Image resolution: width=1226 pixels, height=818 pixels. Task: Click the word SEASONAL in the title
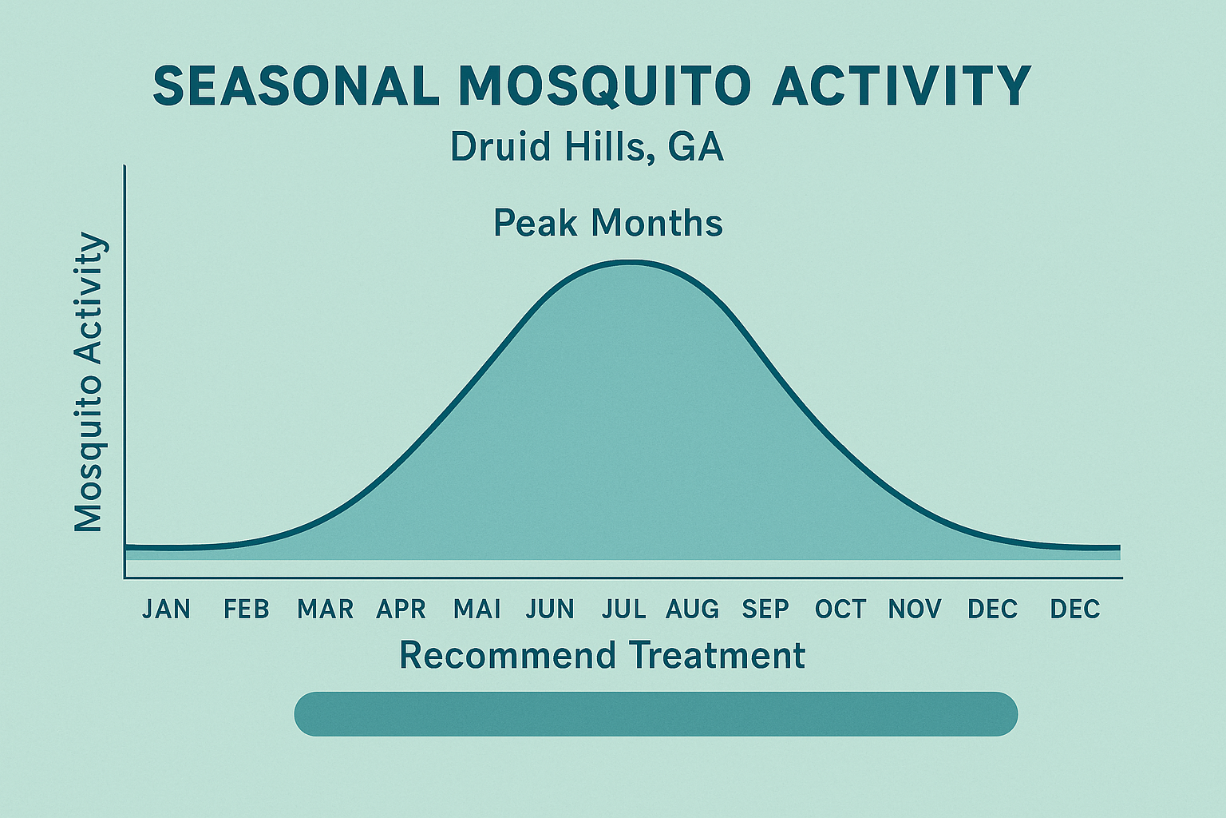pyautogui.click(x=295, y=85)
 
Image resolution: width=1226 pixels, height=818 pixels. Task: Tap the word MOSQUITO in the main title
pyautogui.click(x=605, y=85)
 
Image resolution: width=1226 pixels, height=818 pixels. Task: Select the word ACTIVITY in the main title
pyautogui.click(x=901, y=85)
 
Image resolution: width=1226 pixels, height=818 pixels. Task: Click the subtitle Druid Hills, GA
pyautogui.click(x=587, y=147)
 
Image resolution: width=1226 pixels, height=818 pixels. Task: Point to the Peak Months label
pyautogui.click(x=608, y=223)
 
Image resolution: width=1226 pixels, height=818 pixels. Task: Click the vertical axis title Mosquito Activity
pyautogui.click(x=89, y=383)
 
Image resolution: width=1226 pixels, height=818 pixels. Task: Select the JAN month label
pyautogui.click(x=167, y=610)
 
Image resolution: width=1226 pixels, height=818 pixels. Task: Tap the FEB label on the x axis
pyautogui.click(x=247, y=610)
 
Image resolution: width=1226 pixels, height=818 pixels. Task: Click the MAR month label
pyautogui.click(x=325, y=610)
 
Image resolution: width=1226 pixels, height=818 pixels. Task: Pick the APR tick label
pyautogui.click(x=401, y=610)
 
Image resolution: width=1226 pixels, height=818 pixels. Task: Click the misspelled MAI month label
pyautogui.click(x=477, y=610)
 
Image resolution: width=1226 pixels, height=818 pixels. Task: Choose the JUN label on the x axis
pyautogui.click(x=550, y=610)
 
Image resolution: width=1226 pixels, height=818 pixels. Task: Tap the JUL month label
pyautogui.click(x=624, y=610)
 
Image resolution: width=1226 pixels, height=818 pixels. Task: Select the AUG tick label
pyautogui.click(x=692, y=610)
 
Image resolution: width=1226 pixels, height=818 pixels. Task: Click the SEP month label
pyautogui.click(x=765, y=610)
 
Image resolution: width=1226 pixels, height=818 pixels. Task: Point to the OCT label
pyautogui.click(x=840, y=610)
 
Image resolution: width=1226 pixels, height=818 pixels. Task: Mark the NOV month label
pyautogui.click(x=915, y=610)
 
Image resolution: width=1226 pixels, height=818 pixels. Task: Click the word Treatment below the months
pyautogui.click(x=717, y=656)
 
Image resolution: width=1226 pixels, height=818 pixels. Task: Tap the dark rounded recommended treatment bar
pyautogui.click(x=655, y=713)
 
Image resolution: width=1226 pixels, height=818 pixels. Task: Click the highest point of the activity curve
pyautogui.click(x=631, y=262)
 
